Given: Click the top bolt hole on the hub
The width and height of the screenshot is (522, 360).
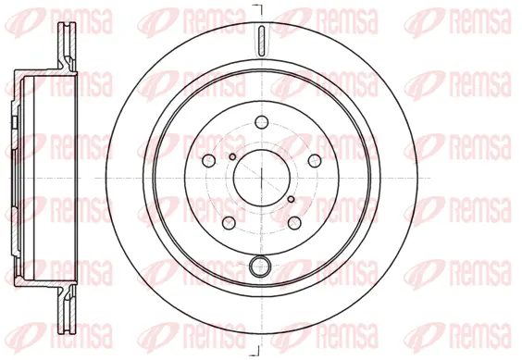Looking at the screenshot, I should click(261, 121).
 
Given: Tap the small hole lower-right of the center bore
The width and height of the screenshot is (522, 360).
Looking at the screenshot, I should click(290, 198).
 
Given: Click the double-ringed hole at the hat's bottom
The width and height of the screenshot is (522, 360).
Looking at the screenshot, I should click(261, 269).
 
